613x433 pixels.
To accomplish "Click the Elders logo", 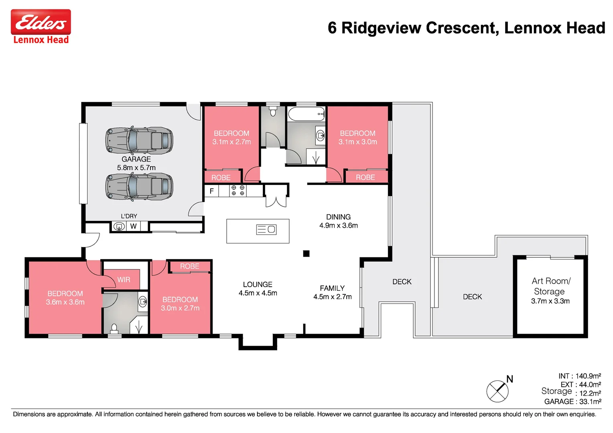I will (x=41, y=22).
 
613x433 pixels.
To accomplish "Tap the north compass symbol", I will (x=497, y=391).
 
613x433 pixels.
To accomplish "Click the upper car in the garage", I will (x=139, y=140).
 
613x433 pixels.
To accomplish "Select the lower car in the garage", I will (x=139, y=186).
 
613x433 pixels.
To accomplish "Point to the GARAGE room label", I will (x=136, y=159).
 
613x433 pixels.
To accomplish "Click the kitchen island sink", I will (x=266, y=229).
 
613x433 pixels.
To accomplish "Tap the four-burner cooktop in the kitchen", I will (x=238, y=190).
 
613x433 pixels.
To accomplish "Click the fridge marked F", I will (x=211, y=191).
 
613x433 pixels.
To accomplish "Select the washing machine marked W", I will (x=133, y=227).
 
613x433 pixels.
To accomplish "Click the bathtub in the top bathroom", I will (x=306, y=114).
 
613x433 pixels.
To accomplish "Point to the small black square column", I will (x=306, y=253).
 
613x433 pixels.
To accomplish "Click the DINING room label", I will (x=338, y=217).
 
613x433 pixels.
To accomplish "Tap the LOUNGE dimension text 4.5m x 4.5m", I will (x=258, y=293).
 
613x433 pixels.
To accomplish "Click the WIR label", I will (x=124, y=279).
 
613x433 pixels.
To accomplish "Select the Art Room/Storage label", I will (x=550, y=286).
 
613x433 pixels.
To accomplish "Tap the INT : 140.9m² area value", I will (x=580, y=376).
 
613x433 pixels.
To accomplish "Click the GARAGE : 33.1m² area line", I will (x=572, y=401).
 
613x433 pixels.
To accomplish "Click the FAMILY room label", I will (x=332, y=288).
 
